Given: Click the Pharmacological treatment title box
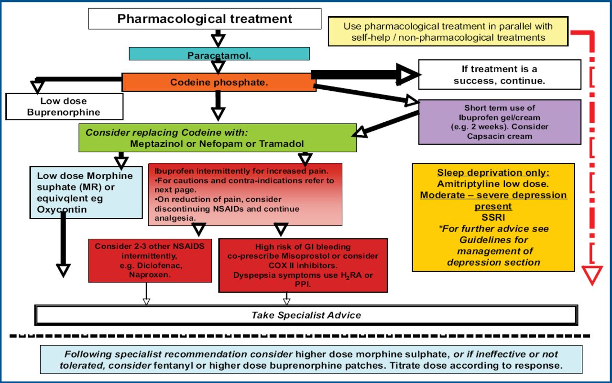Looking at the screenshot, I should pos(205,19).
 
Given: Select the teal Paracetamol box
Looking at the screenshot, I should pos(219,54).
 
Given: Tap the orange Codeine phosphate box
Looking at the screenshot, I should pos(219,82).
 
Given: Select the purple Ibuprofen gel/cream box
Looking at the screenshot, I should pos(500,122).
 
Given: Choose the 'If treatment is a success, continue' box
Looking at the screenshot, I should pos(499,74).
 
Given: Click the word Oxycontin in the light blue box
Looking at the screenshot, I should pos(58,209).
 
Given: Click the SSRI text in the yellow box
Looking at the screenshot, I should pos(493,218).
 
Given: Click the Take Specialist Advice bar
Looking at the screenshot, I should pos(306,315).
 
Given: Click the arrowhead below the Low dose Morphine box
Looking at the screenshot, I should pos(63,270).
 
